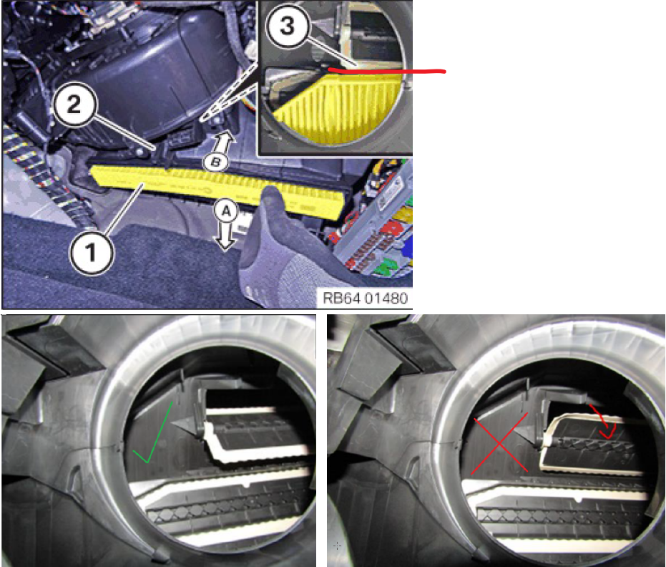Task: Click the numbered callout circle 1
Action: tap(92, 253)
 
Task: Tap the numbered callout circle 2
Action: tap(74, 104)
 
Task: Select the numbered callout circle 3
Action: tap(288, 25)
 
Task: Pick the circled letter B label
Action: tap(216, 162)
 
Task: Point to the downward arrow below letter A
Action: tap(226, 237)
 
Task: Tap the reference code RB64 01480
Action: tap(365, 298)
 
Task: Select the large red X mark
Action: tap(499, 443)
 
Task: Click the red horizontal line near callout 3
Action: tap(386, 71)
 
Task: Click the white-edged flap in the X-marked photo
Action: tap(590, 442)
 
